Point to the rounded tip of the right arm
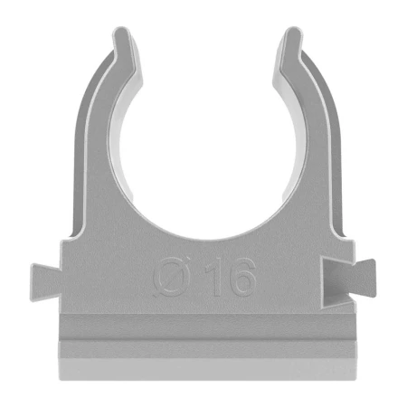[291, 36]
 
